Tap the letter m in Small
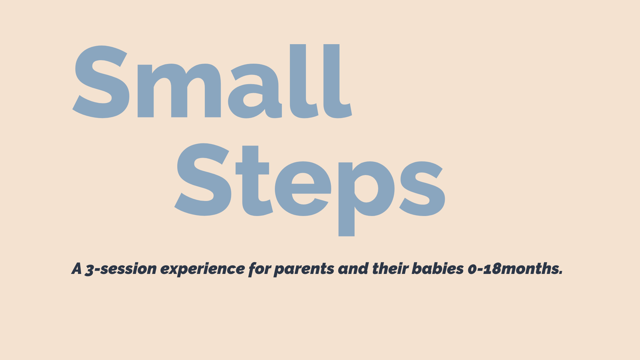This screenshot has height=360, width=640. coord(179,91)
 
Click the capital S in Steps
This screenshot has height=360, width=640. coord(203,179)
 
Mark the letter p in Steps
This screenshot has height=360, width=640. coord(365,192)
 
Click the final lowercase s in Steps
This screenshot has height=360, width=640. coord(422,189)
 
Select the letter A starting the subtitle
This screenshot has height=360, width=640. coord(77,269)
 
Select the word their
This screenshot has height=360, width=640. coord(390,269)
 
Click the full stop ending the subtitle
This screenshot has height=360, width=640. coord(561,274)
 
